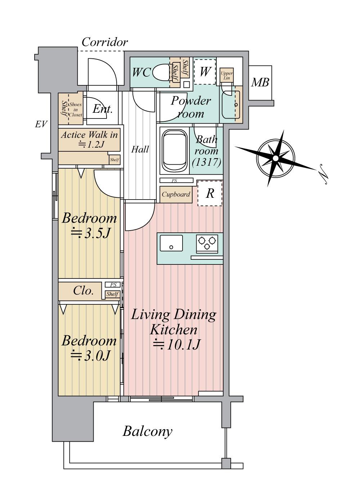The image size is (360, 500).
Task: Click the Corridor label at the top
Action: point(105,42)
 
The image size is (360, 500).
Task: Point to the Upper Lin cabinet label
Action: point(226,76)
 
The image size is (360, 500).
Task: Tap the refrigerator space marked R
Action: point(210,193)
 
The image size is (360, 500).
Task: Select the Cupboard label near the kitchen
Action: point(176,195)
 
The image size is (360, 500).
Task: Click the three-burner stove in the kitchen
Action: point(207,243)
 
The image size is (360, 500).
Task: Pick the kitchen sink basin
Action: point(171,243)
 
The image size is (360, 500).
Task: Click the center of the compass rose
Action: point(275,159)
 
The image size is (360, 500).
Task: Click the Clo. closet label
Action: point(83,291)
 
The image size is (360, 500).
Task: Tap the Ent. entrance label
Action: point(102,109)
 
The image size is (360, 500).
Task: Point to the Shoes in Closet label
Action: point(75,110)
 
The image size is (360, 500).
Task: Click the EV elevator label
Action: point(41,124)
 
